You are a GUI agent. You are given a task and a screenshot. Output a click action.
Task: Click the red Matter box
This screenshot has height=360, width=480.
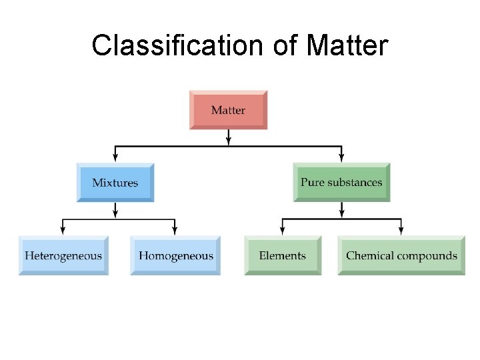[228, 110]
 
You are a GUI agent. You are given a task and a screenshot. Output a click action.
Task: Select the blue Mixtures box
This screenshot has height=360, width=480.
[115, 182]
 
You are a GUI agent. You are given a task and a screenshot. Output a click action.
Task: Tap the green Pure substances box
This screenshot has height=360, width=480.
[341, 182]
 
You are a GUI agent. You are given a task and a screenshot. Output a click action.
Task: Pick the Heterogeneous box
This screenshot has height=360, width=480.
[63, 255]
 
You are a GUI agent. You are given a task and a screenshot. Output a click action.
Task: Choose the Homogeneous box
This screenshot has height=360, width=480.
[176, 255]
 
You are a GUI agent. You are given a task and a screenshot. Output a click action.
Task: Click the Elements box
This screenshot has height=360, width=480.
[283, 255]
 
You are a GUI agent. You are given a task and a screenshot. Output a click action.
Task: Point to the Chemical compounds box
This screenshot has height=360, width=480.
[401, 255]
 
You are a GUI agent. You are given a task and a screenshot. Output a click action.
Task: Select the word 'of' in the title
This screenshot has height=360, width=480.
[285, 45]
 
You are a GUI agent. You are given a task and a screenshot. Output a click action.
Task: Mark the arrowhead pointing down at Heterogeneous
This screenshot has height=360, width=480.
[63, 231]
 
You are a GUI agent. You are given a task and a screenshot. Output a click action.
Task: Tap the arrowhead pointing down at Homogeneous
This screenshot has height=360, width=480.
[175, 231]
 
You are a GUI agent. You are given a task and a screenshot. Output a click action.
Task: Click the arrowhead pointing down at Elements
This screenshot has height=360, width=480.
[283, 231]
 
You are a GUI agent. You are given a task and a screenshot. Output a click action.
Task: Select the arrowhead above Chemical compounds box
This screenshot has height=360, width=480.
[401, 231]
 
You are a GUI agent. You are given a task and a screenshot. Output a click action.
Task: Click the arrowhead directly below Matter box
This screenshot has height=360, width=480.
[229, 141]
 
